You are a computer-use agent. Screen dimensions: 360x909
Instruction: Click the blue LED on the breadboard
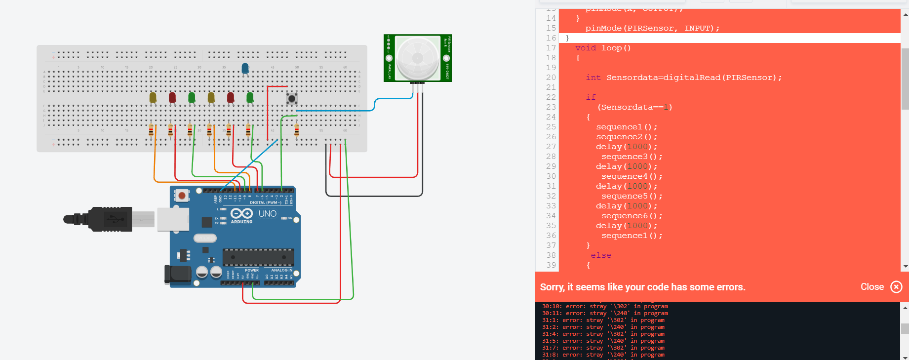245,69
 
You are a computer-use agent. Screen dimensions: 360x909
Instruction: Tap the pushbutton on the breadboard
292,99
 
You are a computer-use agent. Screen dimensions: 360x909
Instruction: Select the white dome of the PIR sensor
417,58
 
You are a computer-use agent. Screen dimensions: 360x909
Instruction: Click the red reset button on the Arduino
182,196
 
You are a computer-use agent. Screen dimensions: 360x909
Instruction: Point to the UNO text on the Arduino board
268,214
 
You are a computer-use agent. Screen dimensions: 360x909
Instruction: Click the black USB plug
106,219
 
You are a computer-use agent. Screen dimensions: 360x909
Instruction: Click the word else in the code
601,255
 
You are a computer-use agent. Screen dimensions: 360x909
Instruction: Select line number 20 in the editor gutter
551,78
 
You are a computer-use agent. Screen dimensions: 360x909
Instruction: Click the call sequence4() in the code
632,176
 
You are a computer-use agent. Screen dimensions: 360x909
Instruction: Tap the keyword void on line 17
586,48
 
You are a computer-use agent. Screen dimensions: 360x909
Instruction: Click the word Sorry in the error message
552,287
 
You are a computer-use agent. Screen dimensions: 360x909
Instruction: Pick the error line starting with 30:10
604,306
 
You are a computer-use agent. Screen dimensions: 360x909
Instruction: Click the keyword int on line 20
593,78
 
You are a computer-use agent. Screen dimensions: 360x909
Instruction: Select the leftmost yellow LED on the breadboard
153,97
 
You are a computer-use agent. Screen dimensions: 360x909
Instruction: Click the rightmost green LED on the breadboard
250,97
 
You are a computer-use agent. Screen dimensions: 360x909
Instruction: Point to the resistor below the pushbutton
296,130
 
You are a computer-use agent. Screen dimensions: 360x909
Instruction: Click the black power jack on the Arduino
177,275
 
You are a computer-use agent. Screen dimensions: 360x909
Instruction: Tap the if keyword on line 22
591,97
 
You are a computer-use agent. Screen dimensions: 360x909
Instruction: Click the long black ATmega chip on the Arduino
258,257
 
